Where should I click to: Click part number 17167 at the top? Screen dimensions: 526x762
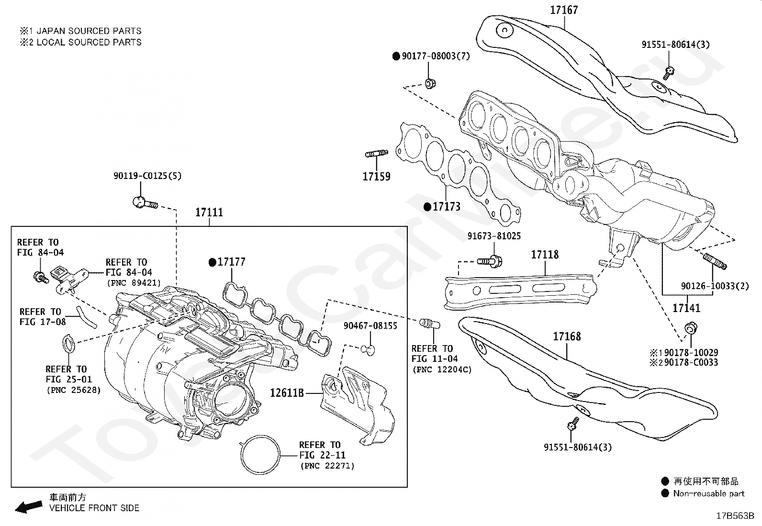[x=564, y=10]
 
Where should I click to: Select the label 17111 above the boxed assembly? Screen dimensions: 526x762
[x=209, y=212]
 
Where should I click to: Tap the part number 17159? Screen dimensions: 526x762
[x=376, y=177]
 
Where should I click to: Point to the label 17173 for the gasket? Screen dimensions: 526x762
[x=447, y=207]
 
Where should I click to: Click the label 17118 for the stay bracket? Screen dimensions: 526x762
[x=545, y=255]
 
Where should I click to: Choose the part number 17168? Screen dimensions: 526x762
[x=567, y=336]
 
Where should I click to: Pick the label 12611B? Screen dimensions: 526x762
[x=287, y=393]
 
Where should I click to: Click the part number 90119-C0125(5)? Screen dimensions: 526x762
[x=147, y=176]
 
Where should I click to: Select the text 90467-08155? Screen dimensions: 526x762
[x=370, y=326]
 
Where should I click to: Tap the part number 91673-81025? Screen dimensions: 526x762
[x=494, y=236]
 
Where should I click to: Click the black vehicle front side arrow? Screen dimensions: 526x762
[x=28, y=506]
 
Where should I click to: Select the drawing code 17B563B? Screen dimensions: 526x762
[x=735, y=516]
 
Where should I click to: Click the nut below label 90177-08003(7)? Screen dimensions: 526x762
[x=430, y=84]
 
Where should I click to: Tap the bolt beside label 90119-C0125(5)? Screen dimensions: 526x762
[x=144, y=203]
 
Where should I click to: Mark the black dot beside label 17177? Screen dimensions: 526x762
[x=212, y=262]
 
